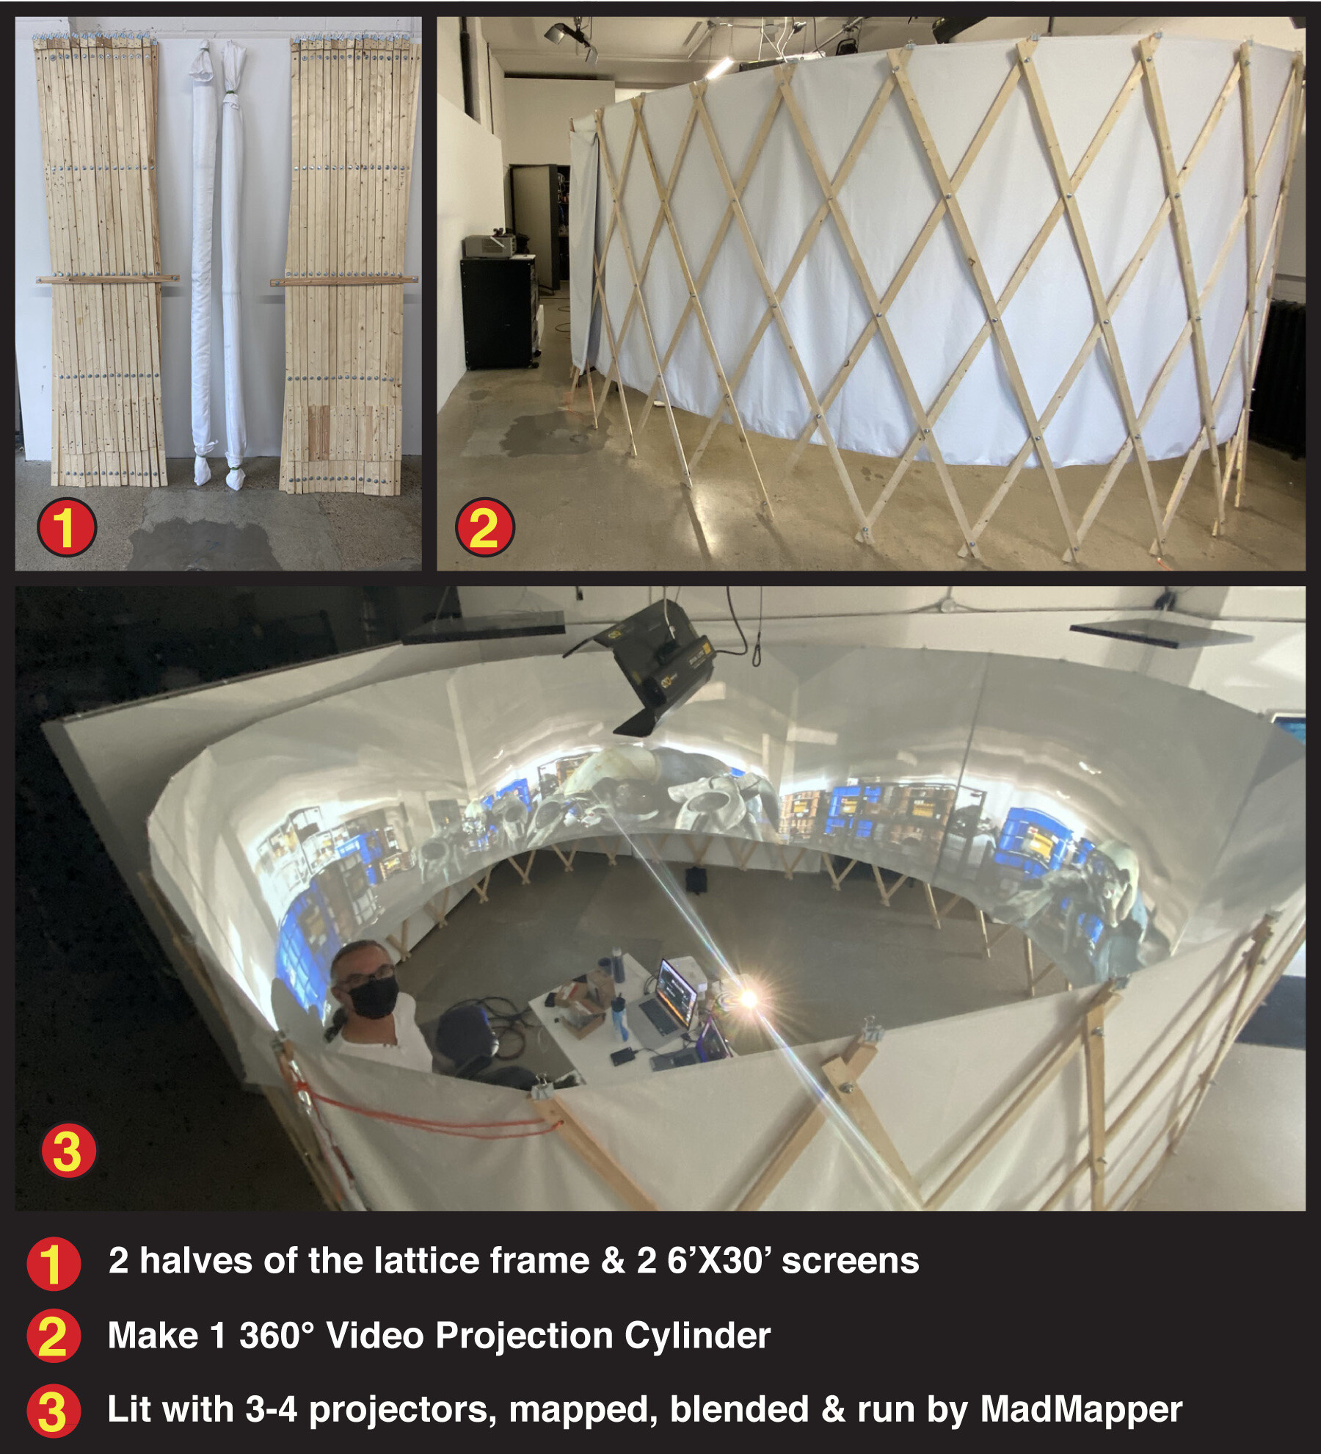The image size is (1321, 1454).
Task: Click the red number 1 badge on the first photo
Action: coord(67,527)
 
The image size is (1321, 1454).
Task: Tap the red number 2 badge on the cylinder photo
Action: coord(484,527)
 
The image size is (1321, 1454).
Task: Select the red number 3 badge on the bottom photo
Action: coord(68,1151)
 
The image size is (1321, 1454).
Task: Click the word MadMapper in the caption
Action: coord(1080,1409)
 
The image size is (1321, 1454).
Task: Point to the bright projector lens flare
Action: coord(747,997)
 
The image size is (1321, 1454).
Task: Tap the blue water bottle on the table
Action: coord(620,1017)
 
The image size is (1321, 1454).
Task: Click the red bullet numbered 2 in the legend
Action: coord(53,1336)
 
